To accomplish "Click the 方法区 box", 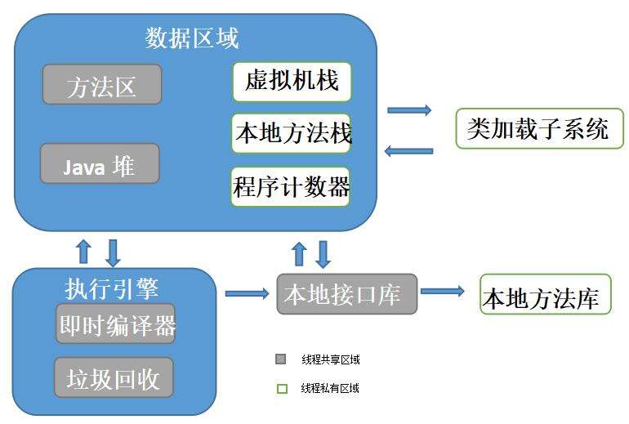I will [102, 84].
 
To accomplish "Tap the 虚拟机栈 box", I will [292, 82].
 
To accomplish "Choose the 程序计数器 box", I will [291, 187].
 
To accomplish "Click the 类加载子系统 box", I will [539, 128].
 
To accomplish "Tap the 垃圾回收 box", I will [114, 377].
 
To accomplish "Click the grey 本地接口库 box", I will [347, 293].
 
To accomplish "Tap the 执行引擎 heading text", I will [111, 288].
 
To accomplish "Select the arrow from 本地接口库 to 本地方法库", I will [442, 291].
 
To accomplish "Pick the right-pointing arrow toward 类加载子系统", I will [409, 109].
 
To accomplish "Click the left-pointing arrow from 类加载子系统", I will [408, 150].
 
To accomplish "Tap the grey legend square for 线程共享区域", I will [281, 359].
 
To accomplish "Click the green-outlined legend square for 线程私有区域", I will [282, 389].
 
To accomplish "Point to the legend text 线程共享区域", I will [330, 359].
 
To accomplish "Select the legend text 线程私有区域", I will [330, 389].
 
